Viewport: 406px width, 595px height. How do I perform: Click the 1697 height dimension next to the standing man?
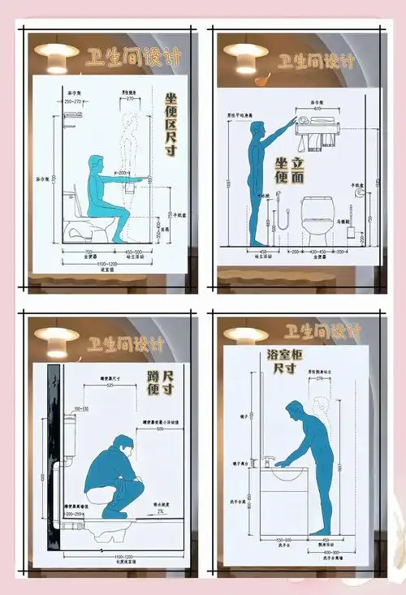231,183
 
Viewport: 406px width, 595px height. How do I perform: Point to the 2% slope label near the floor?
161,511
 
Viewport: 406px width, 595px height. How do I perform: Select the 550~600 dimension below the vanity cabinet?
283,540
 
